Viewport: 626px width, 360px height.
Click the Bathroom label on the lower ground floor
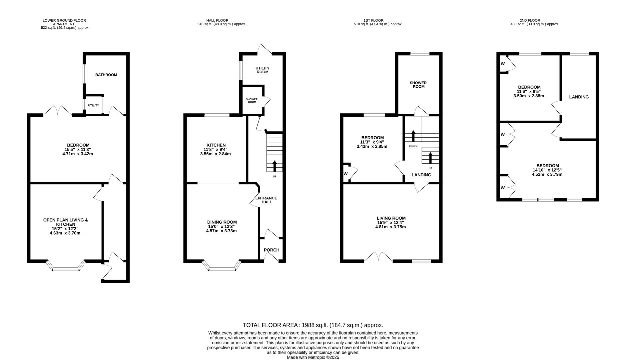coord(106,75)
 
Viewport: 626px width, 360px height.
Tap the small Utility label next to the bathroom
coord(93,105)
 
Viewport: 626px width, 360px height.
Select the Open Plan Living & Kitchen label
coord(66,222)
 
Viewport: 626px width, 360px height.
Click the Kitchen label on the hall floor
coord(216,145)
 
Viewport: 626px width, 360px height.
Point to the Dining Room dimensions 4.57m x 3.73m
coord(221,231)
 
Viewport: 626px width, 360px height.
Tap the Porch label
coord(271,250)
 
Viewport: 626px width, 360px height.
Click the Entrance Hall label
coord(266,200)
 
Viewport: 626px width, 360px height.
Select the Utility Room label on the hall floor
coord(262,70)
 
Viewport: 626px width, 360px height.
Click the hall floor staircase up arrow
coord(275,166)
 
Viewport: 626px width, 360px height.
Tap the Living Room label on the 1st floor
coord(391,218)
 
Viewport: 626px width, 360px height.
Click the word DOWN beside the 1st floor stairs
coord(413,146)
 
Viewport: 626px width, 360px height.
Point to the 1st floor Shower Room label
coord(418,85)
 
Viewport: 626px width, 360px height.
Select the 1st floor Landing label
coord(421,175)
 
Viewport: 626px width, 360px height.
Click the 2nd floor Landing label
coord(579,97)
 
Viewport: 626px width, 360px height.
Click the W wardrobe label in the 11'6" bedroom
coord(502,63)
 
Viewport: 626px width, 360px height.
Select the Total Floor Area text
coord(313,325)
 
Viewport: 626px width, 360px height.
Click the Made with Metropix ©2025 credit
coord(313,357)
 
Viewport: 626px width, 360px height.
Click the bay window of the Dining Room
coord(221,267)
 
